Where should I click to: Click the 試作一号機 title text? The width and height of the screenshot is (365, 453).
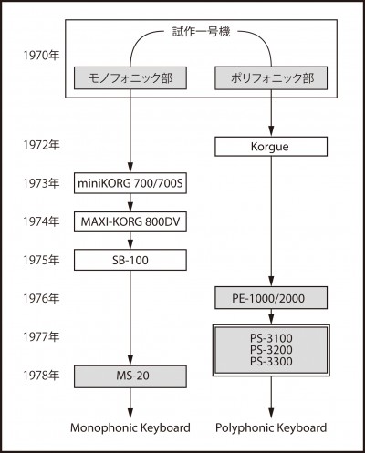tap(201, 31)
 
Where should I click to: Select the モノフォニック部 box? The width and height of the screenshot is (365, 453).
tap(130, 78)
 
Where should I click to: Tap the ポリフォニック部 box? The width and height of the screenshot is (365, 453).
tap(271, 78)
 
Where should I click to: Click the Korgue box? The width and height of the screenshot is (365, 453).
tap(271, 147)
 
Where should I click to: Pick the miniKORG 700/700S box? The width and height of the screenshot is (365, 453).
tap(130, 183)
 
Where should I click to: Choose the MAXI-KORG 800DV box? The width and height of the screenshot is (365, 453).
tap(130, 221)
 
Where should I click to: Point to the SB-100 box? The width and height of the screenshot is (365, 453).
tap(130, 260)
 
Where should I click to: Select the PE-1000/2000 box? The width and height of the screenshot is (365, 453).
tap(271, 298)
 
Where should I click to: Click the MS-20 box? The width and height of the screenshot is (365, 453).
tap(130, 376)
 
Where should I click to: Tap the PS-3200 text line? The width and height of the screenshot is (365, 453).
tap(271, 350)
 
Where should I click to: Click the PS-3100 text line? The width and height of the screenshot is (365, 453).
tap(271, 338)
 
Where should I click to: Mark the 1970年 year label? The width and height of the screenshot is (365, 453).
tap(41, 56)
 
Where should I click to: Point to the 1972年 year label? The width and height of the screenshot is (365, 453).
tap(41, 145)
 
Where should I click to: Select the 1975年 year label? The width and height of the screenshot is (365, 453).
tap(41, 260)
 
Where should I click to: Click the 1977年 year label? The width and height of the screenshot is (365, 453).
tap(41, 336)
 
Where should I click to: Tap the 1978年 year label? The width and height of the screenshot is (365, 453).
tap(41, 376)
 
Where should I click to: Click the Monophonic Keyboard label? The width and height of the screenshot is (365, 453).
tap(130, 427)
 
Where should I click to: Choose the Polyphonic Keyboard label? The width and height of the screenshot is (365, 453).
tap(271, 427)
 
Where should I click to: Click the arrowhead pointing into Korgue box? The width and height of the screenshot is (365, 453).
tap(271, 131)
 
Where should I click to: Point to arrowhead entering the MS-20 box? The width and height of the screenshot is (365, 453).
tap(130, 360)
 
